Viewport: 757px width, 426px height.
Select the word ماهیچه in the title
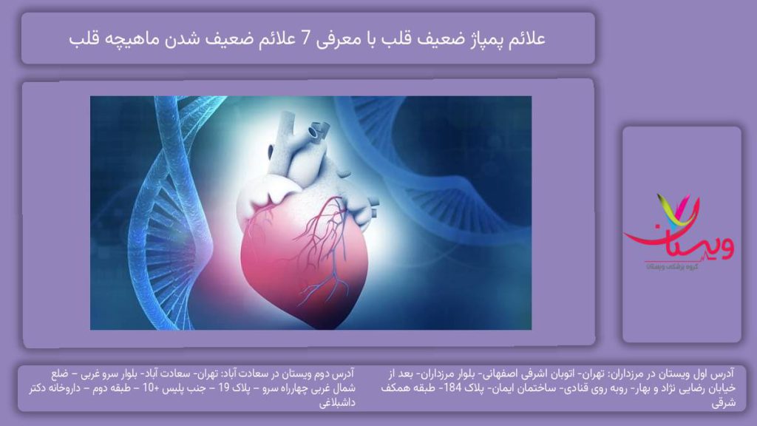click(134, 38)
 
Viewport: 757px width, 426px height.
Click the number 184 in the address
click(479, 389)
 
